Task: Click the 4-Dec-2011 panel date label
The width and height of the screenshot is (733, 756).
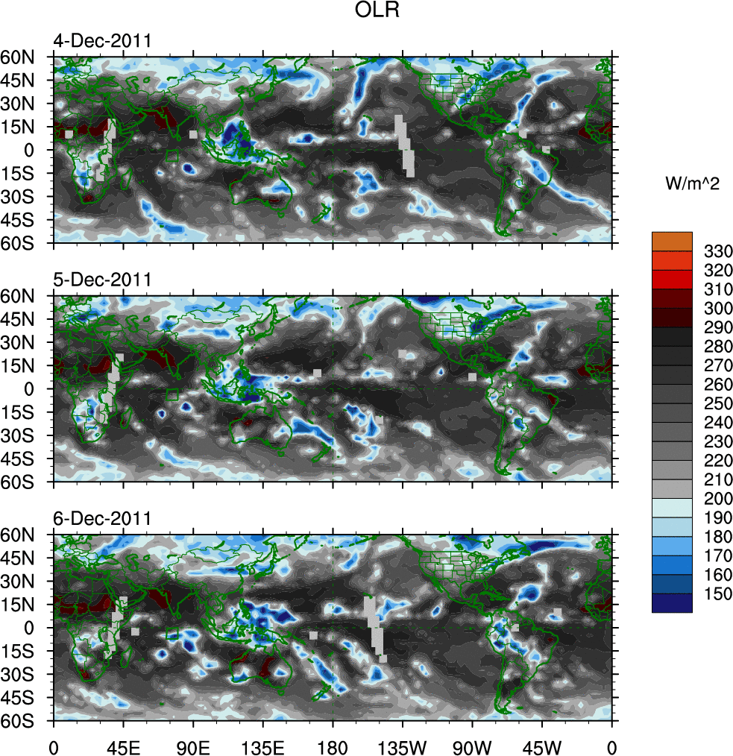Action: tap(102, 41)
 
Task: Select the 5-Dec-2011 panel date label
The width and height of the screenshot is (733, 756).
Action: tap(102, 280)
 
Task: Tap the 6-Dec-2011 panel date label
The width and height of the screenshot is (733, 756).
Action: tap(102, 518)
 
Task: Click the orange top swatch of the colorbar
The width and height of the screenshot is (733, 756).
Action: tap(672, 242)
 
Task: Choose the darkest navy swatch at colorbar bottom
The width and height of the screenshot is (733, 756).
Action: tap(672, 603)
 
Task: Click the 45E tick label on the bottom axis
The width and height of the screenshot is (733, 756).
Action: tap(123, 746)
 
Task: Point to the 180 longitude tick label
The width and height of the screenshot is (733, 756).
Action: tap(333, 746)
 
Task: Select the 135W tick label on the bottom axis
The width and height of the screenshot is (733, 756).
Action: tap(402, 746)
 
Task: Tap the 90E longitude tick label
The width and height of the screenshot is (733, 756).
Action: tap(193, 746)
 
